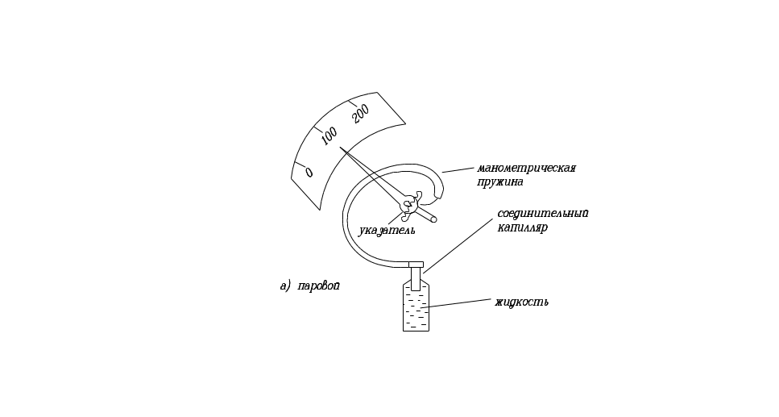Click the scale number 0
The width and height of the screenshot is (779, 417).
pos(309,173)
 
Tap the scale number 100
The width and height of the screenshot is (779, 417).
pos(329,138)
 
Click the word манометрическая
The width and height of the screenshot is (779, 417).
pos(526,169)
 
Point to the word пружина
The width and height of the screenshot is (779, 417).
pos(500,182)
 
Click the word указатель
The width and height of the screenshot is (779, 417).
pos(387,230)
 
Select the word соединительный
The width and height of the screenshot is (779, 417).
pos(542,214)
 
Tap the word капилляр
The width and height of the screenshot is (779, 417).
pos(522,227)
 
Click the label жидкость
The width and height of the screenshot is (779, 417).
pos(521,302)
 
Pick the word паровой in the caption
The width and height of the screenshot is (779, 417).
pos(319,286)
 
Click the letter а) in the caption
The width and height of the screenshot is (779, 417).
pos(284,286)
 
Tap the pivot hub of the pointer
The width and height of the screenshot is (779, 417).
pos(409,204)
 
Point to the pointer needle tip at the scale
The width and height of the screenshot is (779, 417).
pos(342,150)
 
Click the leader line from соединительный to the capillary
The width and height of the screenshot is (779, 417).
pos(459,242)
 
